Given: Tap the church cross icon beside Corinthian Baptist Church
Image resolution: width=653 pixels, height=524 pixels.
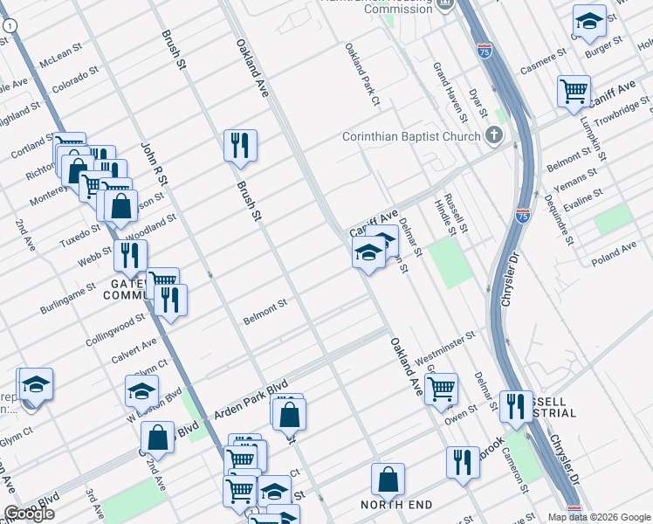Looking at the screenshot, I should [494, 135].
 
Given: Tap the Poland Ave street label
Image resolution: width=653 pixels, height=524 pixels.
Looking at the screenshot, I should [615, 252].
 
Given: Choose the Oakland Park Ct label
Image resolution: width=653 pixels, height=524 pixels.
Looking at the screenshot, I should [362, 75].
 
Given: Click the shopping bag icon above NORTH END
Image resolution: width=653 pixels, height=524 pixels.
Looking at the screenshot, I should [388, 479].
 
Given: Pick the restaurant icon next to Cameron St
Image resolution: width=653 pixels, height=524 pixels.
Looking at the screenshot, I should [516, 406].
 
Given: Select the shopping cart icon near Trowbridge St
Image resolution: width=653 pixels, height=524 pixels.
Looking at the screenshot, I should [574, 90].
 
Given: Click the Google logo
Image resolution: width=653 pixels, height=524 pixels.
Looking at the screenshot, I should [30, 514].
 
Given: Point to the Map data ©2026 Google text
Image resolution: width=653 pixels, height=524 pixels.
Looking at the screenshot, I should [599, 517].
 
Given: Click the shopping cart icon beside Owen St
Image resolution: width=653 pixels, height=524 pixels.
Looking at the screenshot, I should [442, 387].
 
